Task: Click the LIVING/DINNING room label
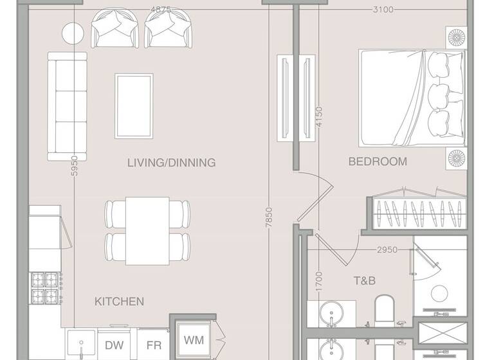[x=171, y=163]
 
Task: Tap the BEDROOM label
[x=378, y=162]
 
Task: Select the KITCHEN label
[x=119, y=301]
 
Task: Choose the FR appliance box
[x=154, y=345]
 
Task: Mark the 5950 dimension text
[x=75, y=166]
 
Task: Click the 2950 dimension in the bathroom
[x=387, y=250]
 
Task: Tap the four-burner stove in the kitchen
[x=46, y=288]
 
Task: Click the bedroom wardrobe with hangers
[x=419, y=213]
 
